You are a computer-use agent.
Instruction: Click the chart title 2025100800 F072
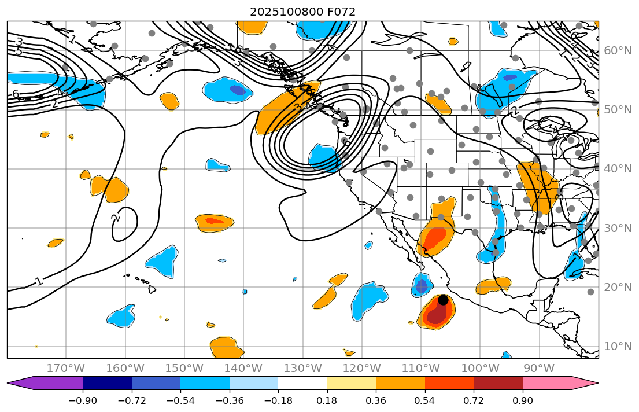point(302,12)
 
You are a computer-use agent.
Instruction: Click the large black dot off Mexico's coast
point(443,300)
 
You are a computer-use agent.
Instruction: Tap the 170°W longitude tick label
point(66,369)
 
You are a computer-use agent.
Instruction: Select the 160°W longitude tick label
point(125,369)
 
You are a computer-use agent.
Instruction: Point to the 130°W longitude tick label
point(302,369)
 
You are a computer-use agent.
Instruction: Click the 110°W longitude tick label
point(421,369)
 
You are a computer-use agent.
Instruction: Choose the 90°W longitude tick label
point(539,369)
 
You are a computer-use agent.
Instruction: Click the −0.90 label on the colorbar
point(83,400)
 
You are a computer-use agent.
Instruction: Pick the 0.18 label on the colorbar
point(327,400)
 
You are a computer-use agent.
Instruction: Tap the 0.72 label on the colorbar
point(474,400)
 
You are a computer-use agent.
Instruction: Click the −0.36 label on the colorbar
point(230,400)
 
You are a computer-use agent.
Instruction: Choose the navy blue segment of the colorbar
point(107,383)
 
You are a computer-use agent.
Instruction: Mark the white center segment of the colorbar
point(302,383)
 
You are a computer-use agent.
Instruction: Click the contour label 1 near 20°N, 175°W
point(39,282)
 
